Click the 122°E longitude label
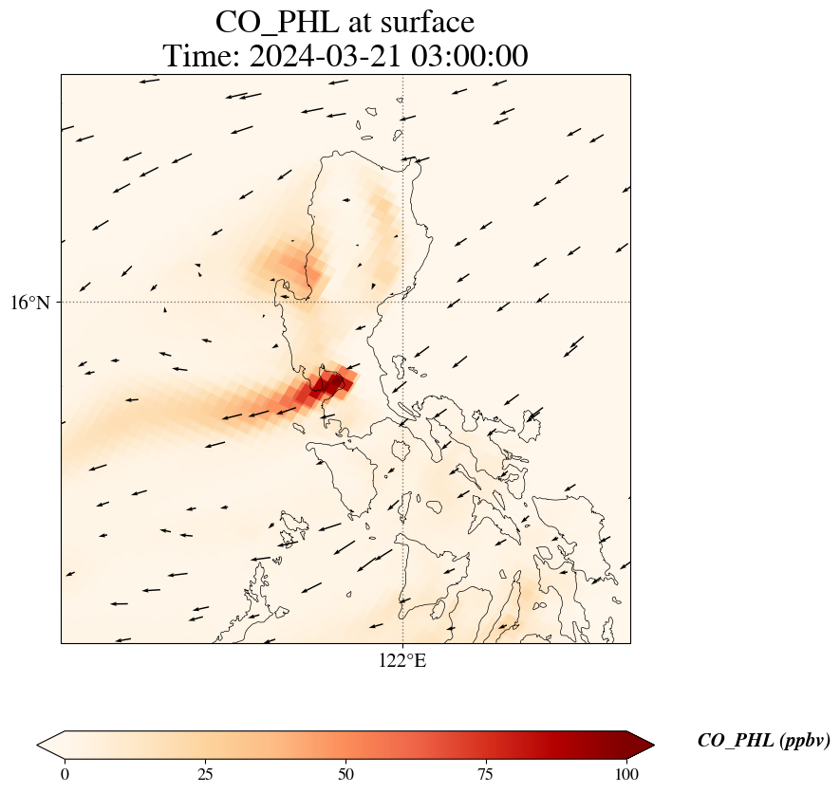click(x=402, y=661)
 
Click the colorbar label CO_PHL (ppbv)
click(x=764, y=741)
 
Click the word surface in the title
click(x=420, y=21)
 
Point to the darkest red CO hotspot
click(x=329, y=384)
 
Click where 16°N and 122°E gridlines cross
click(x=402, y=303)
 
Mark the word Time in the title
click(x=200, y=57)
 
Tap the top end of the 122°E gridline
click(x=402, y=75)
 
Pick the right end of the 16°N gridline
click(x=629, y=303)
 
